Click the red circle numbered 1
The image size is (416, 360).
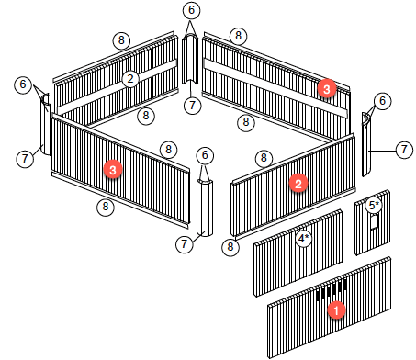click(336, 310)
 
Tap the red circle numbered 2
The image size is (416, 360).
click(298, 184)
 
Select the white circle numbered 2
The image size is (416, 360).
click(130, 79)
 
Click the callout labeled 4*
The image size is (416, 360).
click(304, 238)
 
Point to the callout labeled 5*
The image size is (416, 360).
click(374, 206)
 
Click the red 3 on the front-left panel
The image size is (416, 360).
click(113, 169)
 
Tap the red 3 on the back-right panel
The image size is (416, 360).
click(327, 89)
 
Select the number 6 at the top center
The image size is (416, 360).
click(191, 10)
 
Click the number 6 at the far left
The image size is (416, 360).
click(23, 84)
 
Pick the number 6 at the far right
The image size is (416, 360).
click(382, 101)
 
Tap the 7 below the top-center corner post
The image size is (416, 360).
click(192, 106)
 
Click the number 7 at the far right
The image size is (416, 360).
click(404, 150)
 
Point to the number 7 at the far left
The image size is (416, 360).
click(25, 158)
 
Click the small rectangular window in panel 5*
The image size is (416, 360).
click(375, 221)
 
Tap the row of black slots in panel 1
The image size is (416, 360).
click(332, 290)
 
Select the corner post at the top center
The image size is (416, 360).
click(190, 59)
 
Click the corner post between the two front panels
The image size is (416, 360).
click(205, 208)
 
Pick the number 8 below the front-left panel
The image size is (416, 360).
click(106, 207)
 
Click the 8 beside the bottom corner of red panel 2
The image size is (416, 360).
click(230, 246)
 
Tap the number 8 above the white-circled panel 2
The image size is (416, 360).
click(121, 40)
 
